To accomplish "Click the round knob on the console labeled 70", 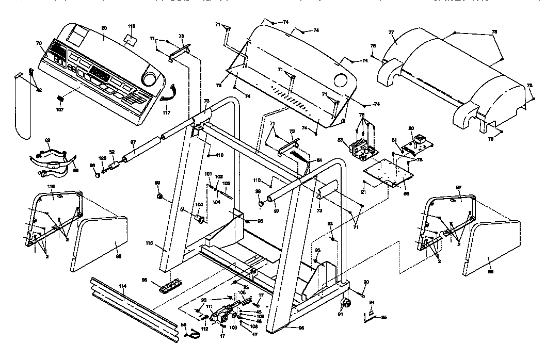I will pos(150,79).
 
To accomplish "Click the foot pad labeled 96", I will pos(170,285).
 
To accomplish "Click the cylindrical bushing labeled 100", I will pos(200,220).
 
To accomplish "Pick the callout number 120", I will pos(103,157).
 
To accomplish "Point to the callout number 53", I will pos(183,324).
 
